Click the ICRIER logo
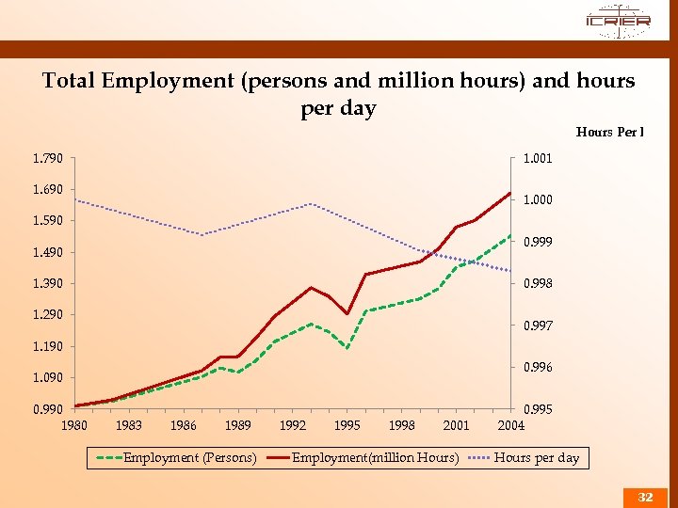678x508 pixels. tap(617, 20)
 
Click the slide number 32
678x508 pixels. tap(645, 497)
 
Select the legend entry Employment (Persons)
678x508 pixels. tap(189, 458)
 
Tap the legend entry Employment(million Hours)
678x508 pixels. tap(375, 458)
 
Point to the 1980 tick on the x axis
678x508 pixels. tap(74, 425)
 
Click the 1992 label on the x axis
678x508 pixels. tap(293, 425)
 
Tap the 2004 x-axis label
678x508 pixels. tap(511, 425)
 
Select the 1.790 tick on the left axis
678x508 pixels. tap(47, 158)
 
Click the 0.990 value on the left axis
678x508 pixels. tap(47, 409)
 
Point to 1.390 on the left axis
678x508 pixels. tap(47, 283)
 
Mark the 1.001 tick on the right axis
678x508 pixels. tap(538, 158)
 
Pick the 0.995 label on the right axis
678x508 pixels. tap(538, 409)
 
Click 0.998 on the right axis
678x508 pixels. tap(538, 283)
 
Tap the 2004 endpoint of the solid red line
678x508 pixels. tap(509, 193)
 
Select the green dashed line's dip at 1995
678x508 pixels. tap(347, 349)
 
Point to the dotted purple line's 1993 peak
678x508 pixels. tap(311, 204)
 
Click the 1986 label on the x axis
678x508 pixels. tap(184, 425)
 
